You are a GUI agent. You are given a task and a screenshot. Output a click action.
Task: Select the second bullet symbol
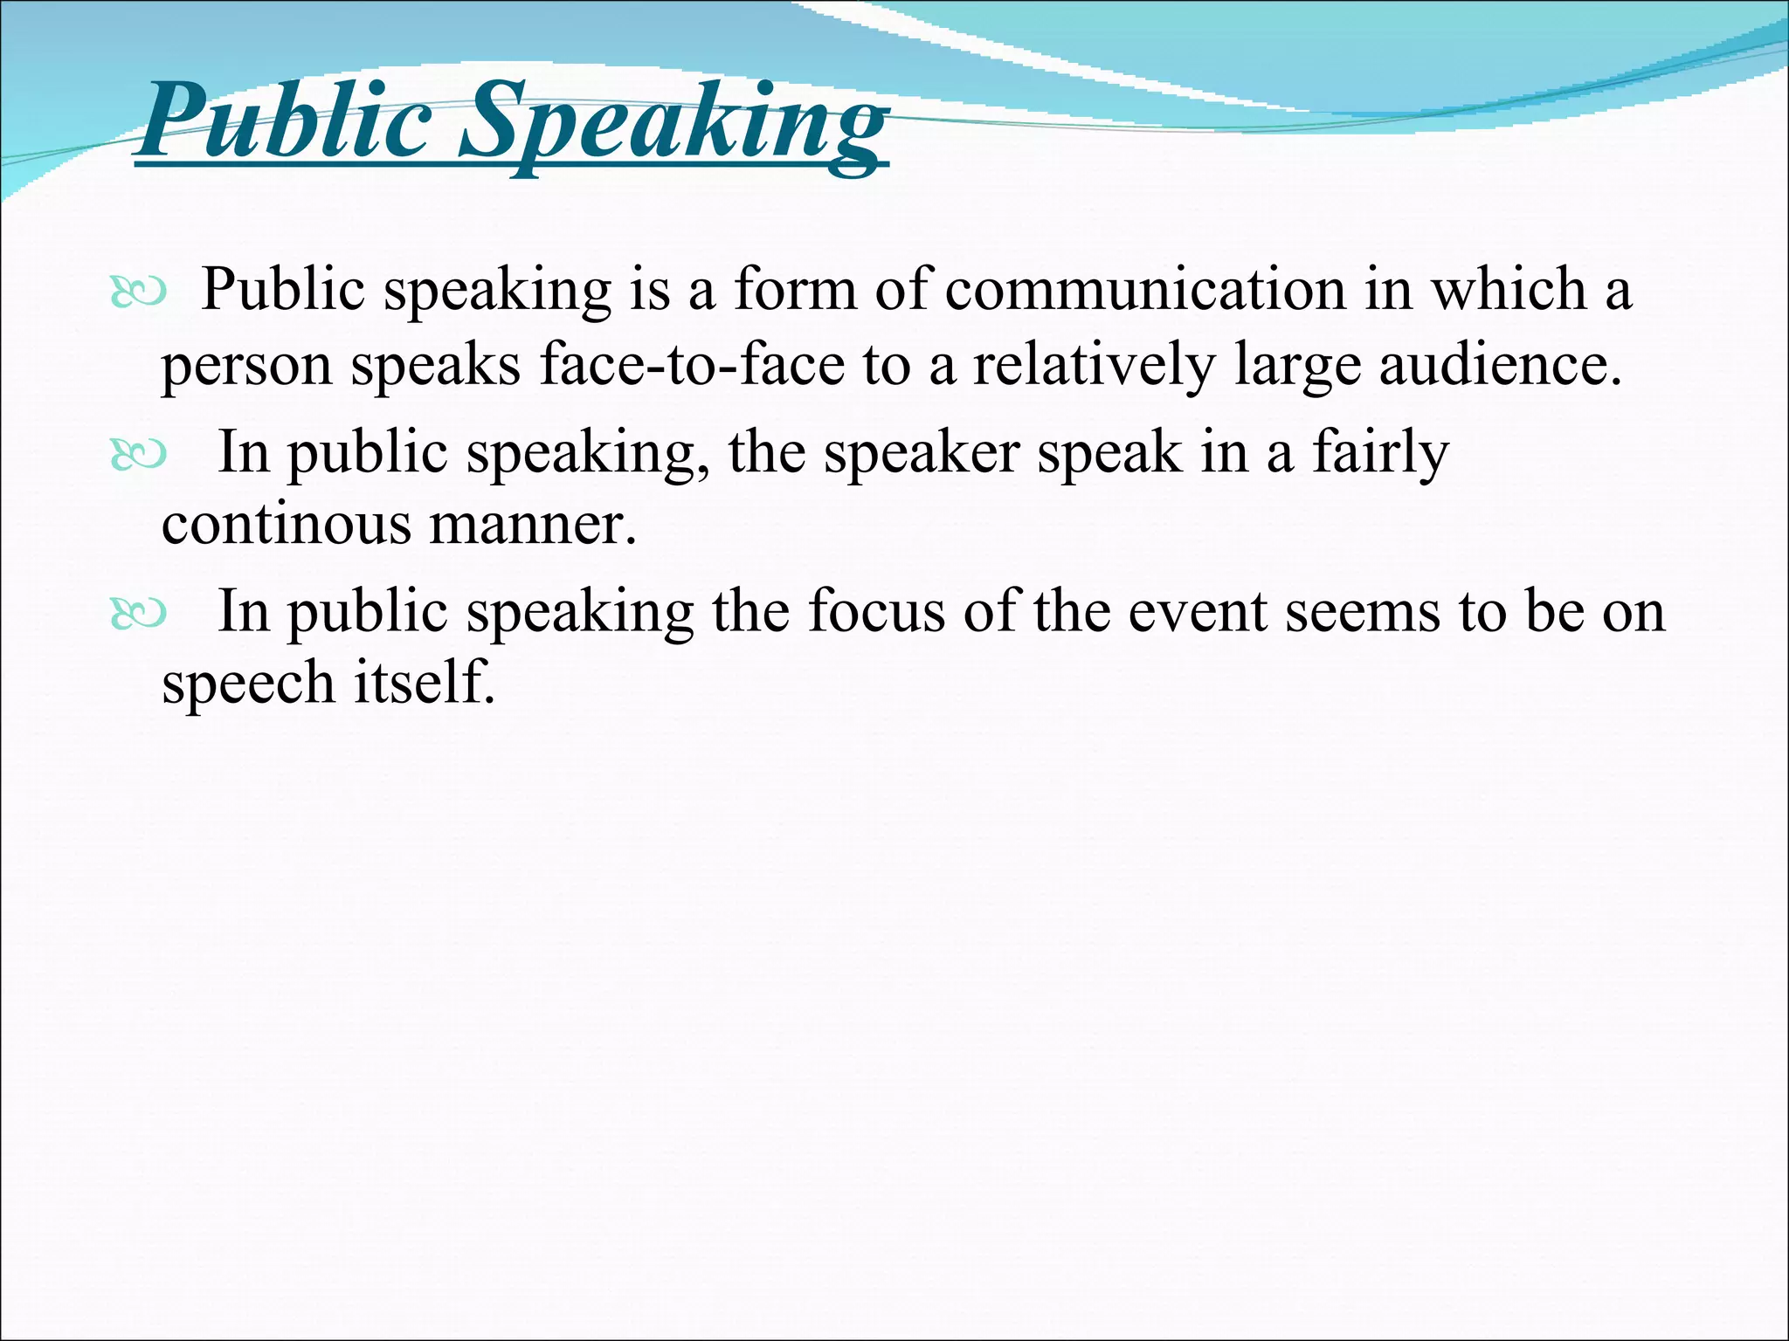pyautogui.click(x=138, y=455)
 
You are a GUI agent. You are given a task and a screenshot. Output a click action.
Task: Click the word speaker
pyautogui.click(x=922, y=453)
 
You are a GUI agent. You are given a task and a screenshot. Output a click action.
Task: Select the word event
pyautogui.click(x=1197, y=611)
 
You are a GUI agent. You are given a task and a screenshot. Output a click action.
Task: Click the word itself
pyautogui.click(x=425, y=682)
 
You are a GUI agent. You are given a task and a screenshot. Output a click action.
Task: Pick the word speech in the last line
pyautogui.click(x=248, y=684)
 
